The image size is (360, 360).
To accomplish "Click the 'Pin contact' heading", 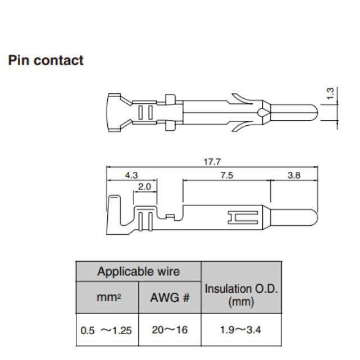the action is pos(45,61).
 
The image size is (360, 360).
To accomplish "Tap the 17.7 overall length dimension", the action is pos(212,162).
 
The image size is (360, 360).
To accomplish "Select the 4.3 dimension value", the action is pos(131,175).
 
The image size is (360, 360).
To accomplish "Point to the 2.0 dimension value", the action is pos(144,186).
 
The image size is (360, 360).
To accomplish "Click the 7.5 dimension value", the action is pos(226,175).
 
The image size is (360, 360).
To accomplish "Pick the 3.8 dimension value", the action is pos(294,175).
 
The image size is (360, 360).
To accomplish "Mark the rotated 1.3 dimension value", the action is pos(330,93).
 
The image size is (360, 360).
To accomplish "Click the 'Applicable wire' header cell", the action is pos(139,272).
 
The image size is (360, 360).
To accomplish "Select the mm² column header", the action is pos(107,298).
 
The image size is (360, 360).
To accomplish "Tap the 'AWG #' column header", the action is pos(170,298).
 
